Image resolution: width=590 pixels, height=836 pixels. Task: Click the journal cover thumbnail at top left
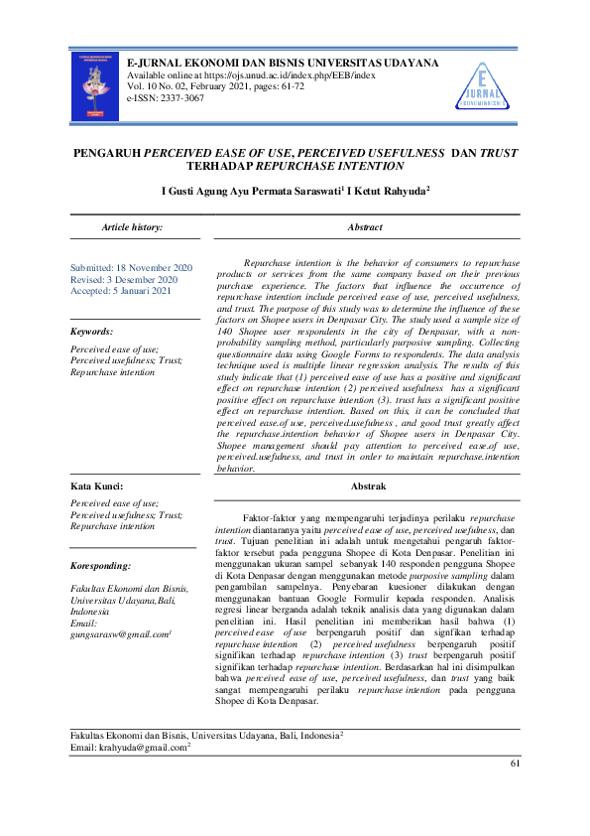94,85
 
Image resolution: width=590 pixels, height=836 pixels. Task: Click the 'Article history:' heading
133,227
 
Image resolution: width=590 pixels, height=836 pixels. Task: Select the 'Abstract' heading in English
365,227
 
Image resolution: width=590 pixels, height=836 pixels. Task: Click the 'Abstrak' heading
368,486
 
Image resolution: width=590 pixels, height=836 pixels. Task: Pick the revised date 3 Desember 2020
149,280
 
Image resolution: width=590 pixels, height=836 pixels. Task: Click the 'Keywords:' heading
91,331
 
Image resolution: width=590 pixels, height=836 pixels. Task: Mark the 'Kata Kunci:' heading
96,487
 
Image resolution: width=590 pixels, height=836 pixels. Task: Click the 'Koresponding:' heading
101,565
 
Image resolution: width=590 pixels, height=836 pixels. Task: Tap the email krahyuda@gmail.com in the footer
144,747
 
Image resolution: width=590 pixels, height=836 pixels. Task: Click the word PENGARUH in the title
108,155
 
